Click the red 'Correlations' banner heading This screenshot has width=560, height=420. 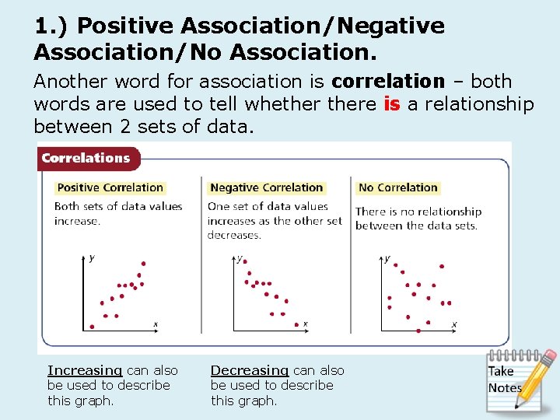[x=86, y=158]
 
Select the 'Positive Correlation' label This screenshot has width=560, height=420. [x=110, y=187]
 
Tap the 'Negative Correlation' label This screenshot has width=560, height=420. [x=267, y=187]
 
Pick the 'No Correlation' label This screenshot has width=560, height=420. [x=398, y=187]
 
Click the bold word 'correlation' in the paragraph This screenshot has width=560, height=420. [x=387, y=82]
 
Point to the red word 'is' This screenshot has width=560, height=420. [x=391, y=104]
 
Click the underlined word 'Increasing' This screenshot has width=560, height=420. [x=84, y=371]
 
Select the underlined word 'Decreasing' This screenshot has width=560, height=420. [x=249, y=371]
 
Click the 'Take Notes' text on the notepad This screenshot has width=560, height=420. [x=505, y=380]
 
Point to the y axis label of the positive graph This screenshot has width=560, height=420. [x=93, y=258]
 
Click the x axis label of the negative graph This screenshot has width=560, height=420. [x=305, y=324]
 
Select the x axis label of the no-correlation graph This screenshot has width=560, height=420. [x=454, y=324]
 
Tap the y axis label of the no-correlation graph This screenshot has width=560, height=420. [x=387, y=258]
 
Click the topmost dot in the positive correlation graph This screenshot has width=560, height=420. [x=143, y=264]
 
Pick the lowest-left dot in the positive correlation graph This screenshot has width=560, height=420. [x=92, y=327]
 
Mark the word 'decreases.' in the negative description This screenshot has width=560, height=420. [x=234, y=235]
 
